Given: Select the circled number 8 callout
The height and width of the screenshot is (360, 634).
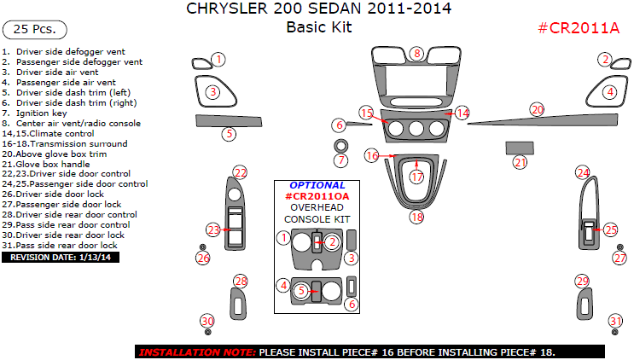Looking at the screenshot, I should [x=416, y=54].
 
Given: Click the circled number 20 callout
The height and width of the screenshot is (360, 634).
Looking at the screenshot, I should [x=537, y=109].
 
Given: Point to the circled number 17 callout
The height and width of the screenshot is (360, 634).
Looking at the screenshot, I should [x=416, y=177].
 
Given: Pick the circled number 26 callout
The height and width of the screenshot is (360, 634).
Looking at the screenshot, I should [x=203, y=258].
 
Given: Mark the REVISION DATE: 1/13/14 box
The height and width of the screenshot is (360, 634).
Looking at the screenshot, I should [x=61, y=257].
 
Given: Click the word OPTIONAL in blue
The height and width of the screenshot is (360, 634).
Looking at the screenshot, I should [x=317, y=185].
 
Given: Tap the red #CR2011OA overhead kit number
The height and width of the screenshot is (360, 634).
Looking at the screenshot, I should [x=317, y=196].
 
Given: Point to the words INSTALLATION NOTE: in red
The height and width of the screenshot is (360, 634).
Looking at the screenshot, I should [x=196, y=351].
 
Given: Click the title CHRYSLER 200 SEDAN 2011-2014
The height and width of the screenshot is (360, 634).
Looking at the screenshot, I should [x=318, y=9].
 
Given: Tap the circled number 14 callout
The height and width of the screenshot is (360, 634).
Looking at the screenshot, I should [x=462, y=113].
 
